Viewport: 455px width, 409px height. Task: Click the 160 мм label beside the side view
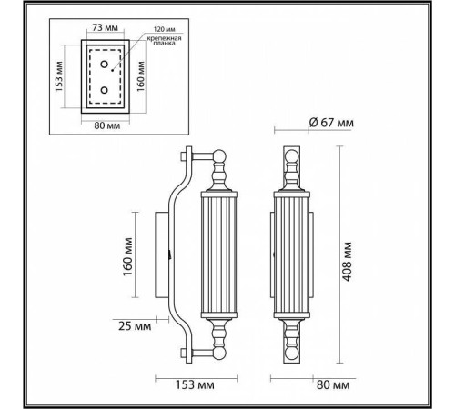127,254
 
